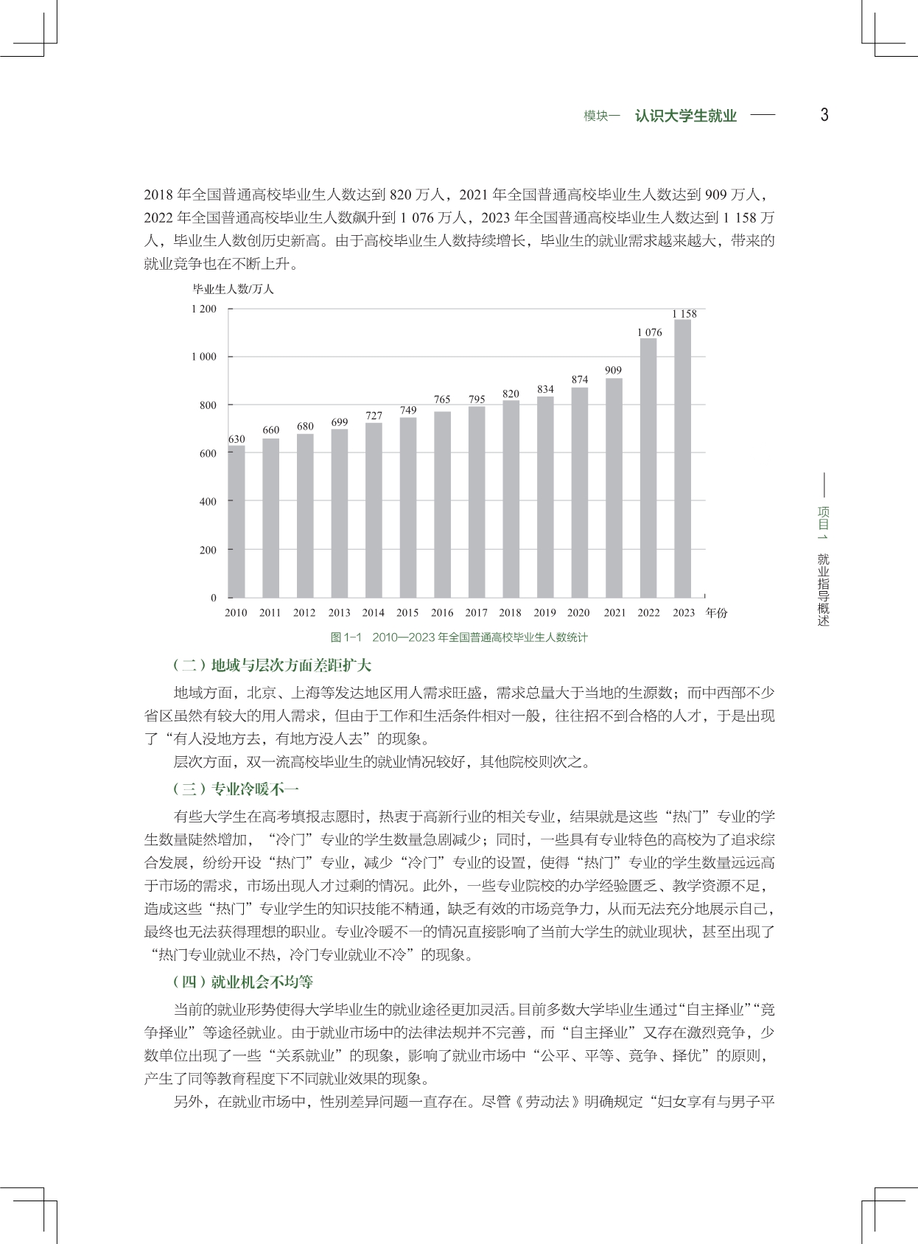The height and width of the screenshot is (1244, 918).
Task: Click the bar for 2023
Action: pos(683,458)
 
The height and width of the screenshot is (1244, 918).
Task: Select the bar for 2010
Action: pos(236,522)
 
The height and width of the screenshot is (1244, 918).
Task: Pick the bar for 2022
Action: pos(648,468)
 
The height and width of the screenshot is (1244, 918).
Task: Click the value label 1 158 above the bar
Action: pos(684,314)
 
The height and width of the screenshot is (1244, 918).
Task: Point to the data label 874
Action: pos(580,380)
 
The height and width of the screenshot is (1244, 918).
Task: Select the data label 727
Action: pos(374,416)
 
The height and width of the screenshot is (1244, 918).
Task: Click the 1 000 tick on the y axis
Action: pos(203,357)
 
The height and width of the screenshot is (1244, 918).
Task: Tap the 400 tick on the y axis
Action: pos(209,502)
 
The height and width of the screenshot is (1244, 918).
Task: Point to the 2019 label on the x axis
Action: pos(544,612)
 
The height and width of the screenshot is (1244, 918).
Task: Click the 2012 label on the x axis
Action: pos(304,612)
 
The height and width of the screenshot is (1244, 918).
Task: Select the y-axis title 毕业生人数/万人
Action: pos(234,290)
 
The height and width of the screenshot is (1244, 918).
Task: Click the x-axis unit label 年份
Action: pos(715,612)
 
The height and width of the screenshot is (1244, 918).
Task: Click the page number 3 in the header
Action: pos(824,115)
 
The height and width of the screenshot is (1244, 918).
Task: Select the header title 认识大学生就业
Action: pos(685,116)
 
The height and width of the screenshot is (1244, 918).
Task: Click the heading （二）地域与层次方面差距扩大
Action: pos(272,665)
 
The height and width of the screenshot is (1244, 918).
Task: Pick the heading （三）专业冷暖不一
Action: pos(236,789)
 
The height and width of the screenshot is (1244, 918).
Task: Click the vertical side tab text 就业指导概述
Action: pos(824,590)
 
